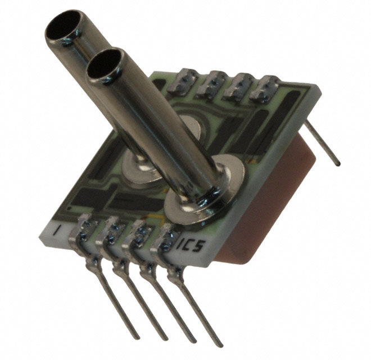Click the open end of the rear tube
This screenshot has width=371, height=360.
(62, 28)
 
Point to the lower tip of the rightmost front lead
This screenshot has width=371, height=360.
(220, 344)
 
